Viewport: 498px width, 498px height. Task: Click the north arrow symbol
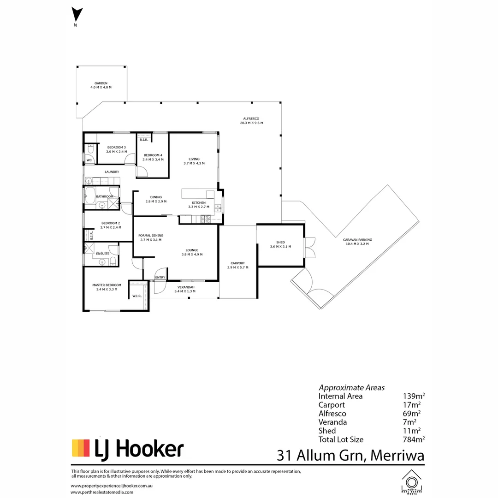pyautogui.click(x=76, y=15)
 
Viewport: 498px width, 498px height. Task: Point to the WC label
pyautogui.click(x=89, y=160)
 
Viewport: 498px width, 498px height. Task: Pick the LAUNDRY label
pyautogui.click(x=112, y=172)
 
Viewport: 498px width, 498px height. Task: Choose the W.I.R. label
pyautogui.click(x=136, y=296)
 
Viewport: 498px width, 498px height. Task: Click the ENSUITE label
pyautogui.click(x=103, y=253)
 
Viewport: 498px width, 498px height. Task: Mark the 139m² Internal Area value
pyautogui.click(x=414, y=396)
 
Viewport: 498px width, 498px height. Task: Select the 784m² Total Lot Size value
pyautogui.click(x=414, y=439)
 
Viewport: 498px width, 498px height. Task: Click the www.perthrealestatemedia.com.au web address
pyautogui.click(x=107, y=492)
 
